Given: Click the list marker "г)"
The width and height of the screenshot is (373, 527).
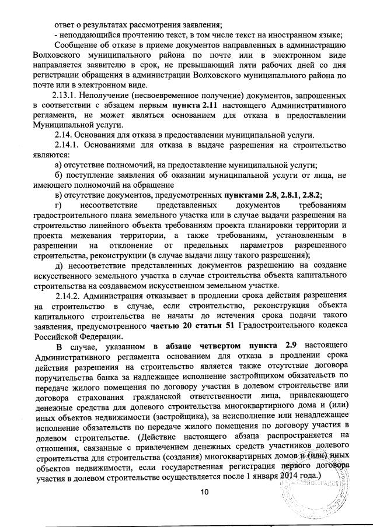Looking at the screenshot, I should (x=58, y=205).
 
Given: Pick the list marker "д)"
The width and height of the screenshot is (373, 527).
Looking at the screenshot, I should (x=58, y=265).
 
